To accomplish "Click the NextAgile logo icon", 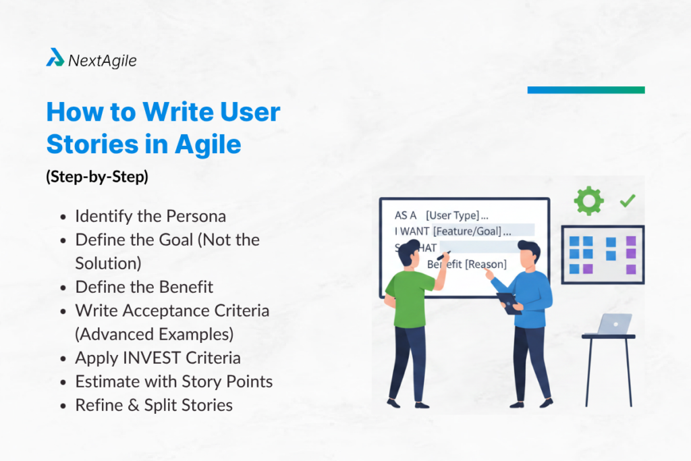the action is pyautogui.click(x=55, y=57).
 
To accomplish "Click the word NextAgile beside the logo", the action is pyautogui.click(x=103, y=60).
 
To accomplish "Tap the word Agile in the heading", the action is pyautogui.click(x=208, y=144).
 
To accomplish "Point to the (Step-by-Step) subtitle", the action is pyautogui.click(x=97, y=177).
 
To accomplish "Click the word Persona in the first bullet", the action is pyautogui.click(x=196, y=216).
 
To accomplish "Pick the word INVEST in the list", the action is pyautogui.click(x=152, y=358).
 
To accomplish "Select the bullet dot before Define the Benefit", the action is pyautogui.click(x=63, y=288).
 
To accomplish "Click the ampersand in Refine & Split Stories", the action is pyautogui.click(x=134, y=406).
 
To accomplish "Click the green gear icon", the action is pyautogui.click(x=588, y=201).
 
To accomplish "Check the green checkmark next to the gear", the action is pyautogui.click(x=628, y=200).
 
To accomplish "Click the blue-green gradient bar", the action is pyautogui.click(x=586, y=90).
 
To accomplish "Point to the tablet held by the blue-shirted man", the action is pyautogui.click(x=509, y=303).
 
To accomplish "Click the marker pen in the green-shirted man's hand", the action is pyautogui.click(x=443, y=255).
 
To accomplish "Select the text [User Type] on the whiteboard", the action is pyautogui.click(x=453, y=215).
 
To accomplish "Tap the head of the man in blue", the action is pyautogui.click(x=528, y=254).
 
